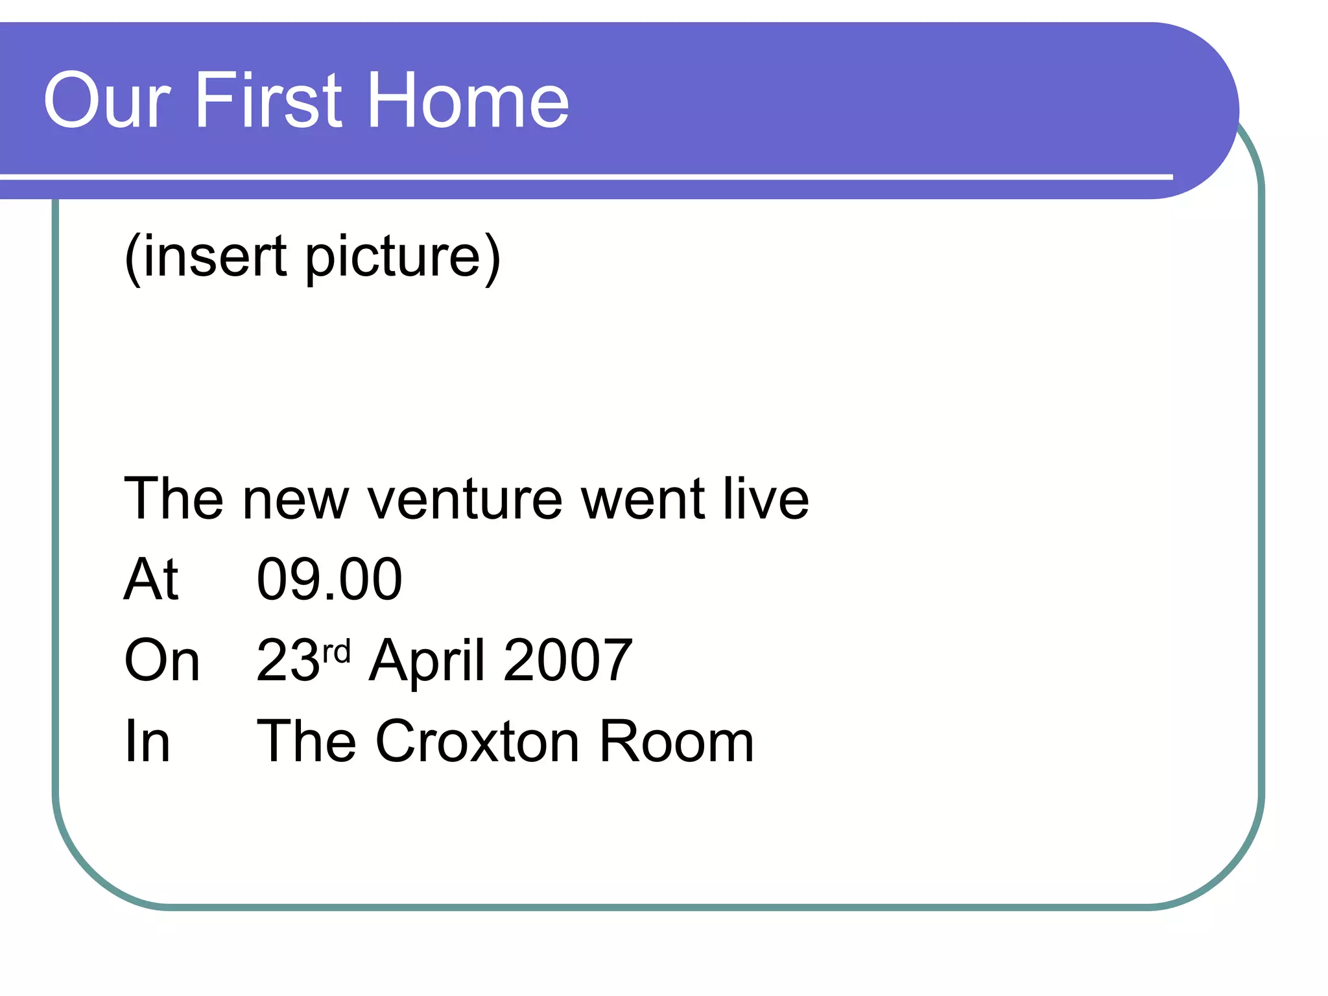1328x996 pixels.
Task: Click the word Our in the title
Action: [x=107, y=101]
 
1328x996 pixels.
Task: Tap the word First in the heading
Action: [x=268, y=101]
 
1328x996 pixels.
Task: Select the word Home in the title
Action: [x=468, y=101]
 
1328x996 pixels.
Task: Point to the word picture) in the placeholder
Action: [x=403, y=257]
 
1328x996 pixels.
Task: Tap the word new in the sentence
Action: [x=296, y=501]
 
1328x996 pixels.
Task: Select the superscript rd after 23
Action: [x=337, y=650]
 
